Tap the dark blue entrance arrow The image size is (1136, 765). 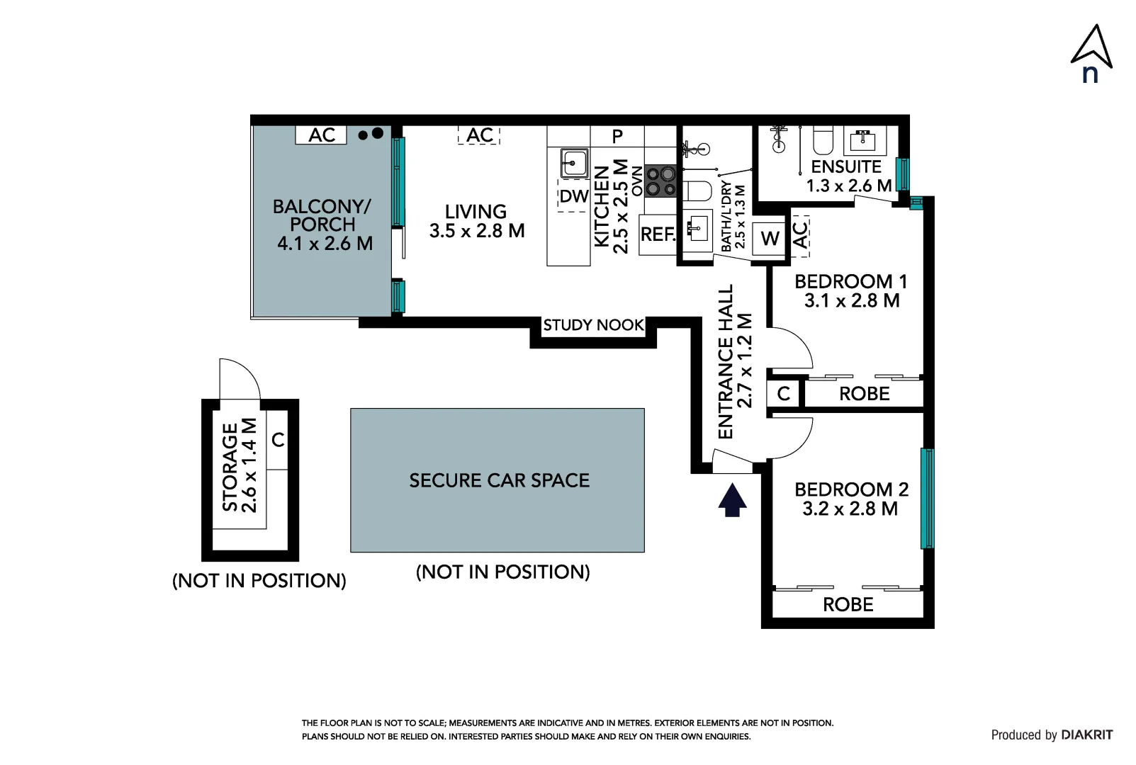pyautogui.click(x=732, y=500)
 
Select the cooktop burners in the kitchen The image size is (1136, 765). pyautogui.click(x=660, y=181)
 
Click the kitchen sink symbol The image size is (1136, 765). pyautogui.click(x=574, y=163)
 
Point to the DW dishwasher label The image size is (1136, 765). pyautogui.click(x=574, y=195)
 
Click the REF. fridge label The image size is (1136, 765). pyautogui.click(x=658, y=234)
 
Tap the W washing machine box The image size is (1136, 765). pyautogui.click(x=769, y=238)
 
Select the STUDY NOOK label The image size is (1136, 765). pyautogui.click(x=593, y=325)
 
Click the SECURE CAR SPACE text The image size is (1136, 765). pyautogui.click(x=499, y=480)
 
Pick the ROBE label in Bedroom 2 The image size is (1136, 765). pyautogui.click(x=848, y=604)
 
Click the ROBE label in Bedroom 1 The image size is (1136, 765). pyautogui.click(x=864, y=393)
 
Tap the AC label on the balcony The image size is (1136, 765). pyautogui.click(x=322, y=135)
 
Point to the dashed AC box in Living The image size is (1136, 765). pyautogui.click(x=479, y=135)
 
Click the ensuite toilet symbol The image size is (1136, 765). pyautogui.click(x=823, y=140)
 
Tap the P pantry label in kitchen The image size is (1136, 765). pyautogui.click(x=617, y=136)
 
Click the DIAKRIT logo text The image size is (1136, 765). pyautogui.click(x=1087, y=735)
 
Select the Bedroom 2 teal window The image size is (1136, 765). pyautogui.click(x=926, y=499)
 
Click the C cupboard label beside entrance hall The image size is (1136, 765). pyautogui.click(x=784, y=393)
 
